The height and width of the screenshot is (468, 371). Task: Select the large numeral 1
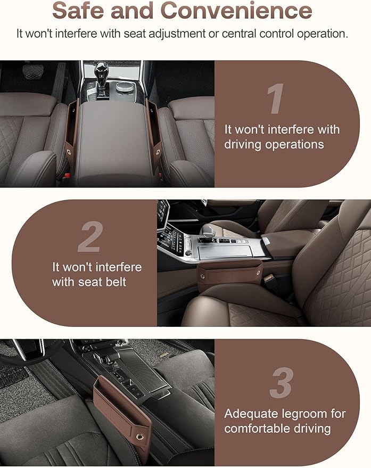tap(275, 100)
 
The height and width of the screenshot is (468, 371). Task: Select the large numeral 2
tap(89, 237)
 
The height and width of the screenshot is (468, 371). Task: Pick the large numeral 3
tap(281, 382)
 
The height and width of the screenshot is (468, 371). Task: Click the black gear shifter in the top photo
tap(101, 74)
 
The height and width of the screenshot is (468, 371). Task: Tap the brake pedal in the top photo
tap(33, 72)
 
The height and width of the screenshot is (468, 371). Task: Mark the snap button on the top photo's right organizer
tap(158, 152)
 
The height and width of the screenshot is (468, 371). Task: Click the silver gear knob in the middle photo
tap(207, 231)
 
